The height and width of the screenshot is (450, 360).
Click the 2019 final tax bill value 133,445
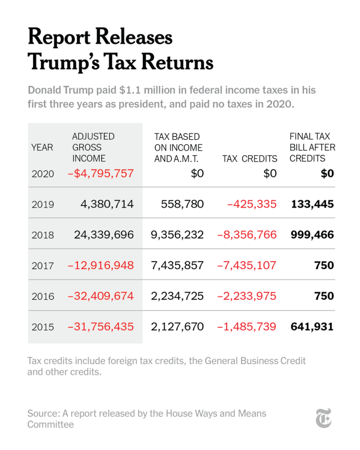tap(312, 204)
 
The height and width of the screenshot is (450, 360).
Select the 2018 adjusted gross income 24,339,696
tap(104, 235)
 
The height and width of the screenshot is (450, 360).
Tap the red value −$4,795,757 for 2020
tap(101, 173)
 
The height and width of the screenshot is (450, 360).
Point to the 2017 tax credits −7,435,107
tap(247, 265)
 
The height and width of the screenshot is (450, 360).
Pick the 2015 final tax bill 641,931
tap(312, 327)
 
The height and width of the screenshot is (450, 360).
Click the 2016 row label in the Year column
tap(43, 296)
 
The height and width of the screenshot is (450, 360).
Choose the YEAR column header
tap(42, 147)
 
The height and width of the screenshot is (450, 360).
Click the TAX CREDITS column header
tap(250, 158)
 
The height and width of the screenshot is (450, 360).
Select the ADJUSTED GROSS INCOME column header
tap(93, 147)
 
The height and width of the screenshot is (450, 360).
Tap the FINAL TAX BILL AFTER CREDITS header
tap(312, 147)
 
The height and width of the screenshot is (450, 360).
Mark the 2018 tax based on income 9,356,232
tap(177, 235)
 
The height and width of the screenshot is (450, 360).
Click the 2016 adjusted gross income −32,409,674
tap(101, 296)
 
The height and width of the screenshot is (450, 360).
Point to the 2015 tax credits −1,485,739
tap(247, 327)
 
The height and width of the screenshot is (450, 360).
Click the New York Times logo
tap(324, 418)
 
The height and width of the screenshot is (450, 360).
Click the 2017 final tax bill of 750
tap(324, 265)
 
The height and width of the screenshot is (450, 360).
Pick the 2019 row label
tap(43, 204)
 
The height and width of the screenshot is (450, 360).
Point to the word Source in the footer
tap(41, 413)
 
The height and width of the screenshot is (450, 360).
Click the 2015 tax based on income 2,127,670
tap(177, 327)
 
